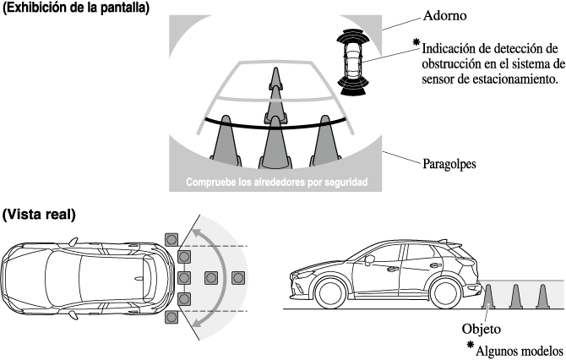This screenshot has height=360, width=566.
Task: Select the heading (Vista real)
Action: pyautogui.click(x=40, y=215)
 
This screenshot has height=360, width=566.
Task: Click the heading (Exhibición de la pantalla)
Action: pyautogui.click(x=76, y=8)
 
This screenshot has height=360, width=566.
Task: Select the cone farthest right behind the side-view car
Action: pyautogui.click(x=542, y=297)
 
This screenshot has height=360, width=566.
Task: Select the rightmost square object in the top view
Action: pyautogui.click(x=237, y=277)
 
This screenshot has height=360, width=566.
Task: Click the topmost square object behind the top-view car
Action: pyautogui.click(x=172, y=239)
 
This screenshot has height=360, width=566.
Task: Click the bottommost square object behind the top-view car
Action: pyautogui.click(x=172, y=316)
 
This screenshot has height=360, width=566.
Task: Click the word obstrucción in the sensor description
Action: pyautogui.click(x=444, y=63)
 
